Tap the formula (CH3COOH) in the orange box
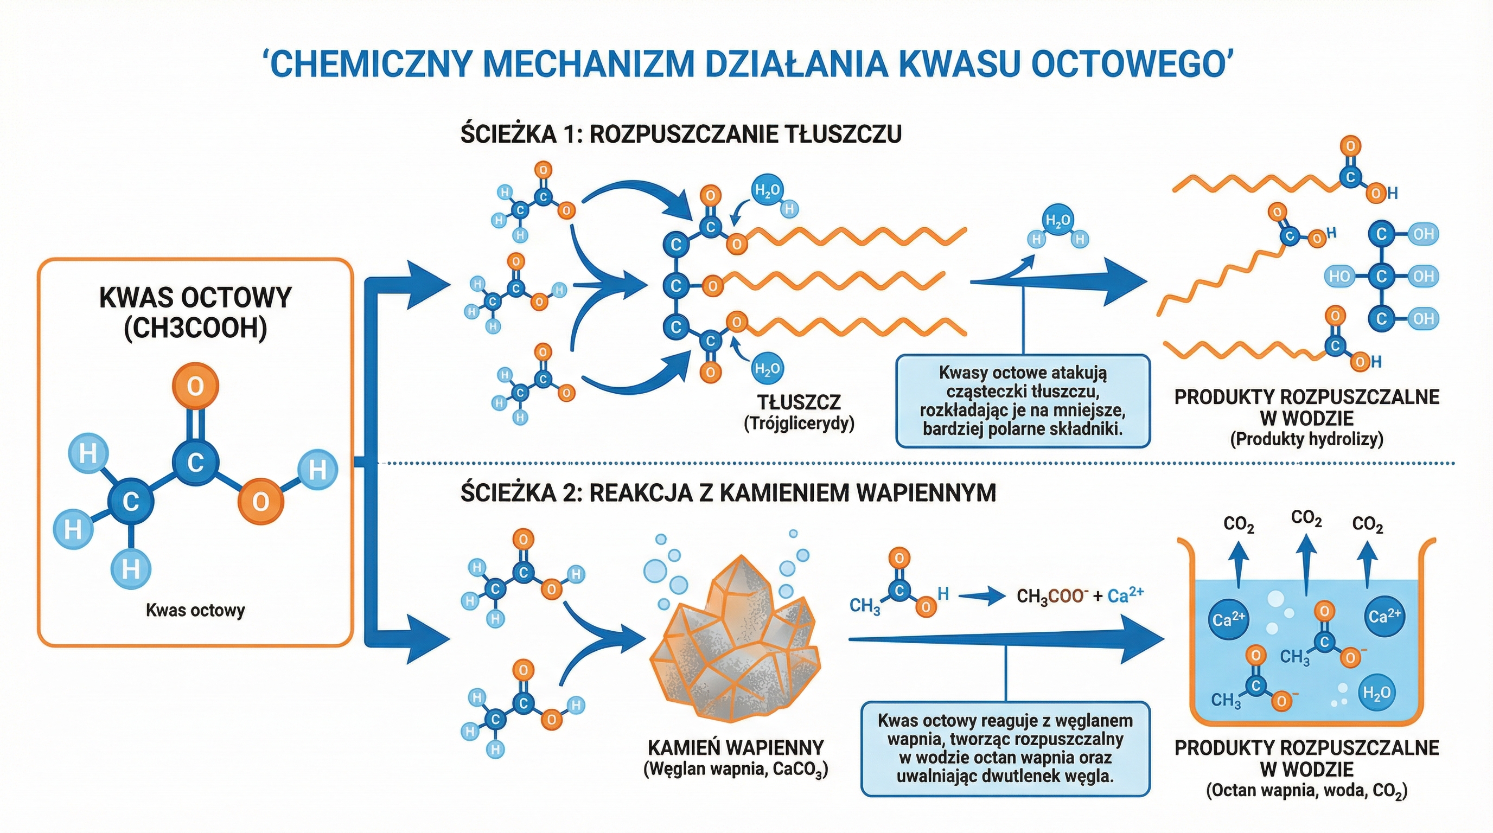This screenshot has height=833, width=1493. point(196,328)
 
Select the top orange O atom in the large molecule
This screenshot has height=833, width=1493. point(195,386)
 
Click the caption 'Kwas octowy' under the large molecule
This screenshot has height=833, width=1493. point(195,610)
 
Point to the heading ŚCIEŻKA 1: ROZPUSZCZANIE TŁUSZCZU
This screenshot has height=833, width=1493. point(681,134)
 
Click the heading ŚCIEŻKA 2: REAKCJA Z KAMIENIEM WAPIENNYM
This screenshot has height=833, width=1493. point(728,492)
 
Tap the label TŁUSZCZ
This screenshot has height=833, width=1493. point(799,402)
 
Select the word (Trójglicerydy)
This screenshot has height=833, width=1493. point(799,424)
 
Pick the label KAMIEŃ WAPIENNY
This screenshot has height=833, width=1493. point(736,747)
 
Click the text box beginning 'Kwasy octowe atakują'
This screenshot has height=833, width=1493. point(1023,401)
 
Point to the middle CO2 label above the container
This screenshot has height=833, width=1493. point(1306,518)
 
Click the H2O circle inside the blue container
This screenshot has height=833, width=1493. point(1376,692)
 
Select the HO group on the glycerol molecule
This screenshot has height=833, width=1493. point(1339,277)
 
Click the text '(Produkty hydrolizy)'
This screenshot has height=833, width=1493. point(1306,439)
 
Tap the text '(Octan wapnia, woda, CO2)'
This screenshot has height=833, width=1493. point(1306,791)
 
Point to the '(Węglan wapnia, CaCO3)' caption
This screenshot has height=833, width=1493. point(736,770)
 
